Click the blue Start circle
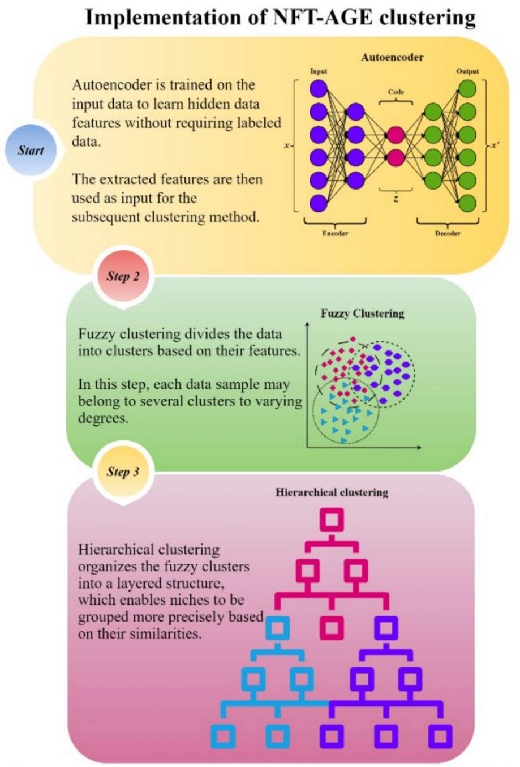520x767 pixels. point(31,150)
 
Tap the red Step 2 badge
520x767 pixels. point(123,276)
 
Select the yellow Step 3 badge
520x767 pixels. point(123,472)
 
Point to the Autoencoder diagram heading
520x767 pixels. point(392,57)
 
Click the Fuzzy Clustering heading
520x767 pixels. point(362,314)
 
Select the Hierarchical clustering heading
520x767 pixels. point(332,492)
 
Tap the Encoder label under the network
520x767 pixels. point(335,233)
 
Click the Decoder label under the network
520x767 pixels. point(448,233)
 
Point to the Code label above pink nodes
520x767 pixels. point(396,92)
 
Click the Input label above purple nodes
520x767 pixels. point(319,71)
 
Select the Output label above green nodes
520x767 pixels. point(467,71)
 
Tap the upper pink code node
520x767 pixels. point(396,135)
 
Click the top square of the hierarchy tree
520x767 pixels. point(332,520)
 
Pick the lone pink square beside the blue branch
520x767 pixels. point(332,627)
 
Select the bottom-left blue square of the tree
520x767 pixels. point(223,735)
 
